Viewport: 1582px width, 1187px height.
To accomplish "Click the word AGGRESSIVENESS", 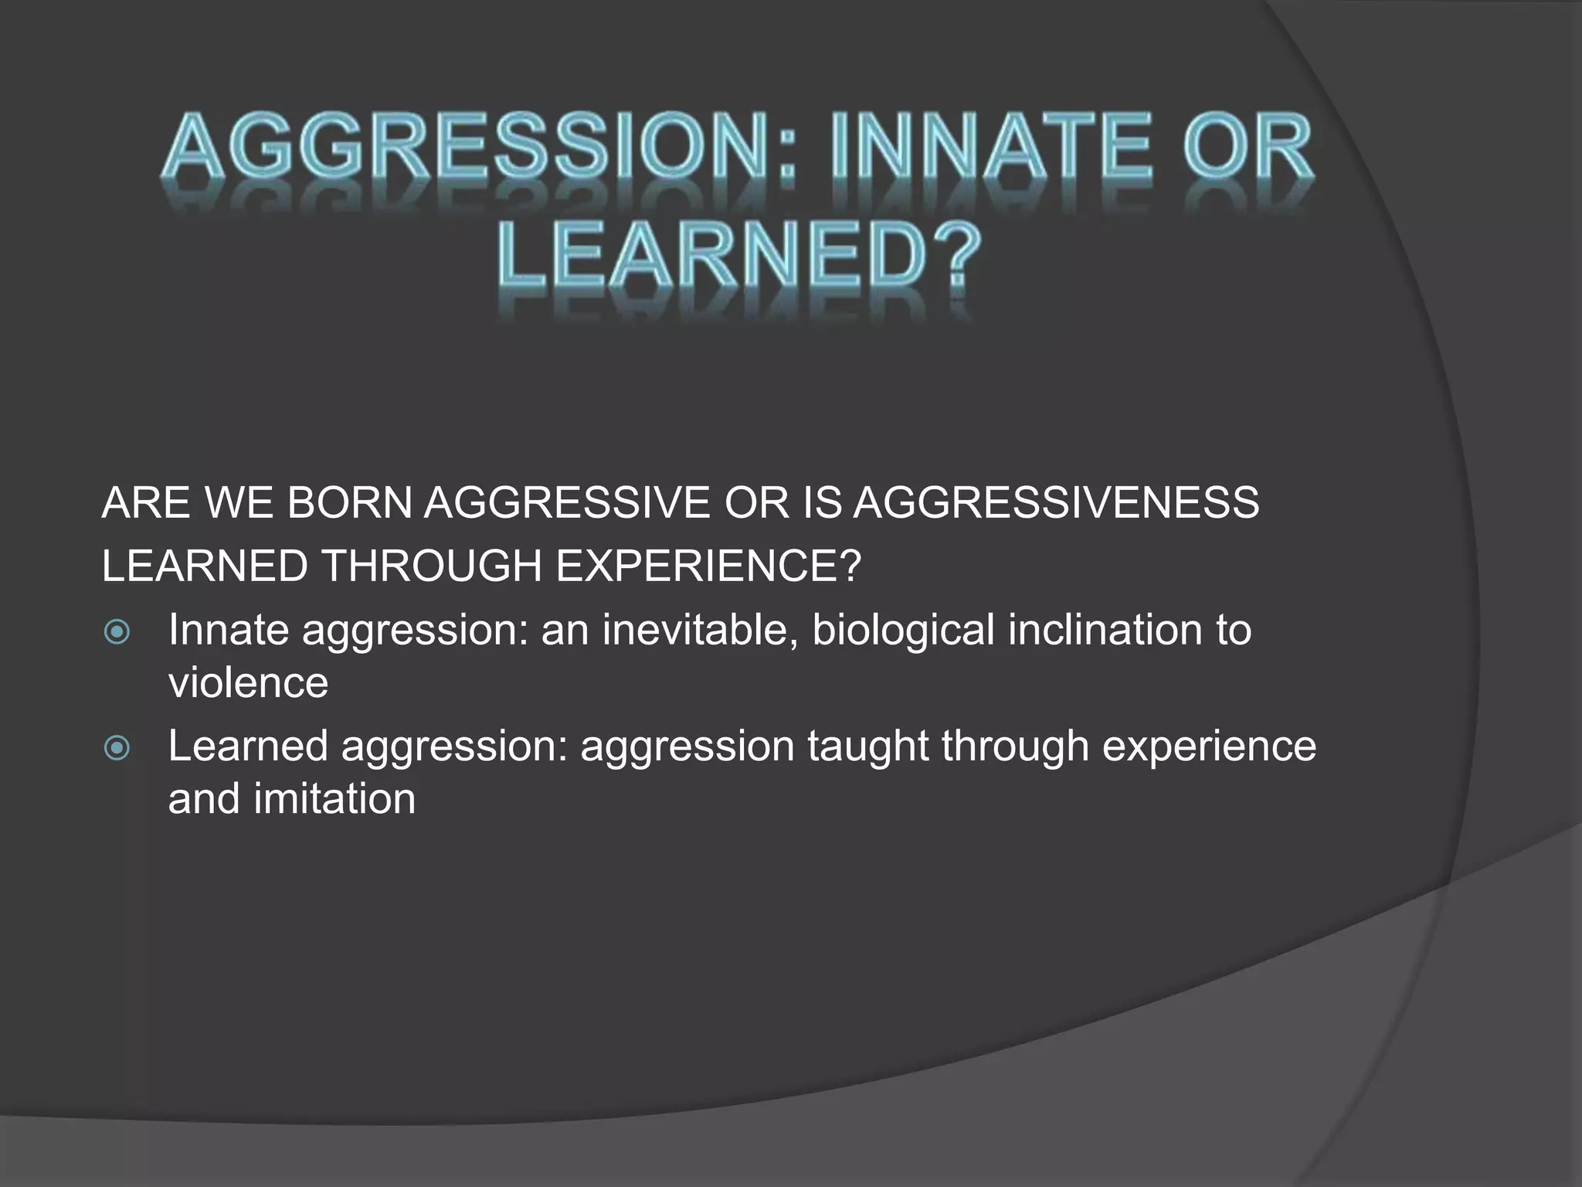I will [1056, 503].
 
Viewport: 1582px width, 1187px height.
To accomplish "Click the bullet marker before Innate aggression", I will [117, 633].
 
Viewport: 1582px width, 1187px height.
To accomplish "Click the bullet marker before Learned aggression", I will [117, 748].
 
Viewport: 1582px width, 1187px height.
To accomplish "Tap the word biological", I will [903, 630].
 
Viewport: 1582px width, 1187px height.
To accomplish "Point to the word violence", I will [248, 683].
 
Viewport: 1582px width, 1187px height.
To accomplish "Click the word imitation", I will [334, 799].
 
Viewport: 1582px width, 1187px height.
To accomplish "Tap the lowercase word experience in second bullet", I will [1209, 747].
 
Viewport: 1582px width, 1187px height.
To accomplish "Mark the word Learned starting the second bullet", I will [248, 747].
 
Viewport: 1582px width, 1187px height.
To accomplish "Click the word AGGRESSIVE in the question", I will [567, 503].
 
